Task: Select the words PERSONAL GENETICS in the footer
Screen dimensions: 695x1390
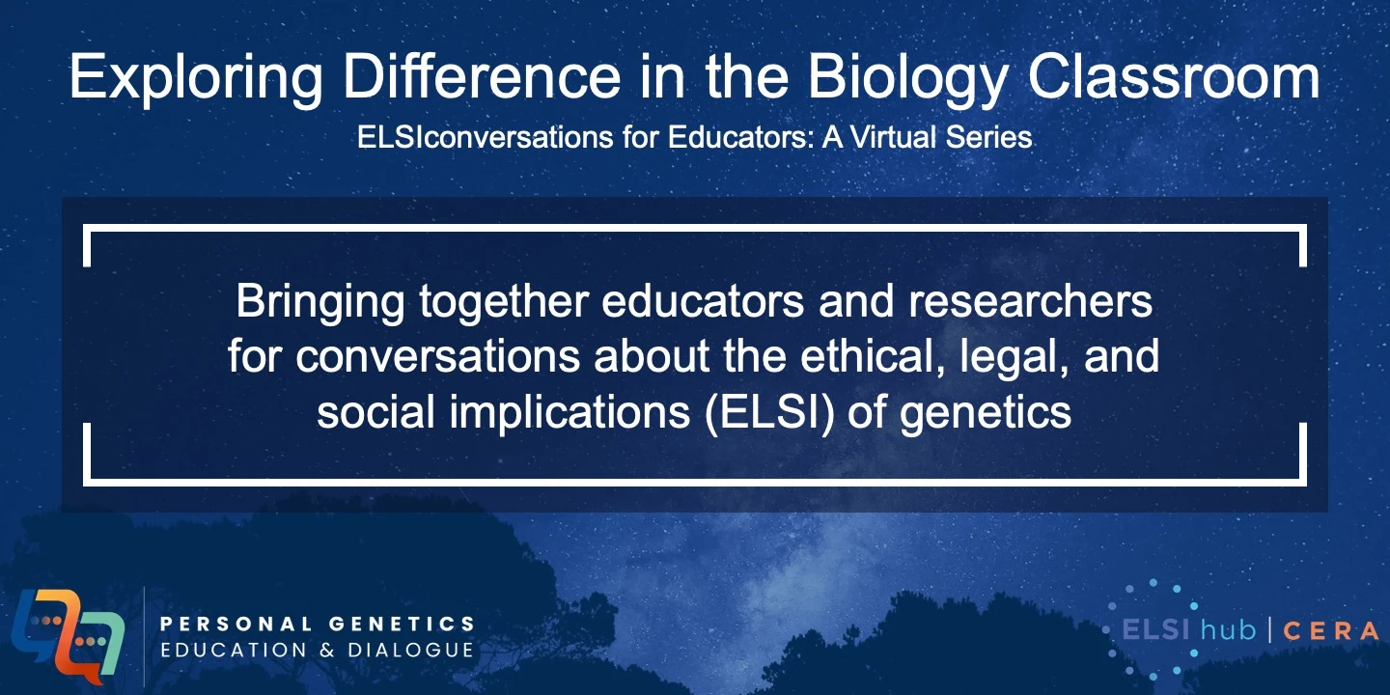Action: pyautogui.click(x=318, y=625)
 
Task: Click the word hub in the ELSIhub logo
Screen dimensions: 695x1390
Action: pyautogui.click(x=1226, y=630)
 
